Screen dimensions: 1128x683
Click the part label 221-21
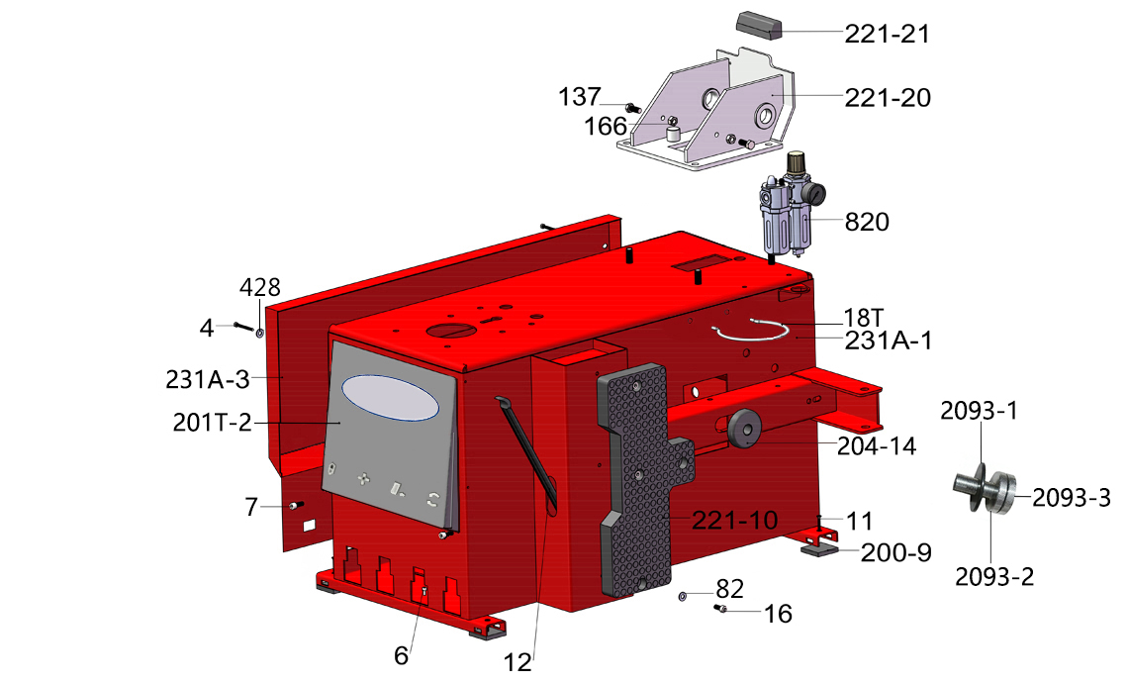[887, 34]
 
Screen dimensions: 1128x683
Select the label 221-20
[887, 97]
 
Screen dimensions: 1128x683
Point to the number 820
[867, 222]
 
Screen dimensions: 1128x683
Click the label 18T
[863, 318]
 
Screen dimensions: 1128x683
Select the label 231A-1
[888, 341]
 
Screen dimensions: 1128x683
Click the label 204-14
[877, 446]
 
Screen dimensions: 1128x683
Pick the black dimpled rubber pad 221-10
[638, 479]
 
